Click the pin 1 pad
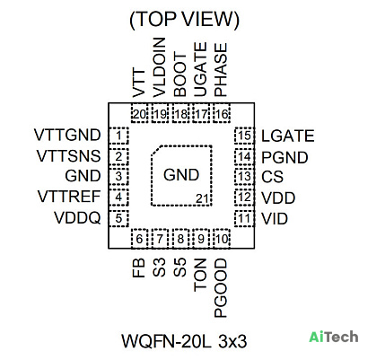click(118, 136)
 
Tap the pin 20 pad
click(140, 113)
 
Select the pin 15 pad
click(244, 136)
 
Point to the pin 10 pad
click(222, 239)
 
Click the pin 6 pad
click(140, 239)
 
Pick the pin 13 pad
click(244, 177)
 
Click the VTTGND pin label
click(67, 135)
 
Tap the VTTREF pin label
click(69, 197)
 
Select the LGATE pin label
click(288, 136)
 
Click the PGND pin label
click(284, 158)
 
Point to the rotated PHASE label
click(221, 70)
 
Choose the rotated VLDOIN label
click(159, 67)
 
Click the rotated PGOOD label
click(221, 288)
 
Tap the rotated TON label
click(200, 275)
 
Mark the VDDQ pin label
click(77, 218)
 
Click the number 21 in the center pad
click(202, 198)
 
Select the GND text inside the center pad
click(181, 175)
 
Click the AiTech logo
click(334, 337)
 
